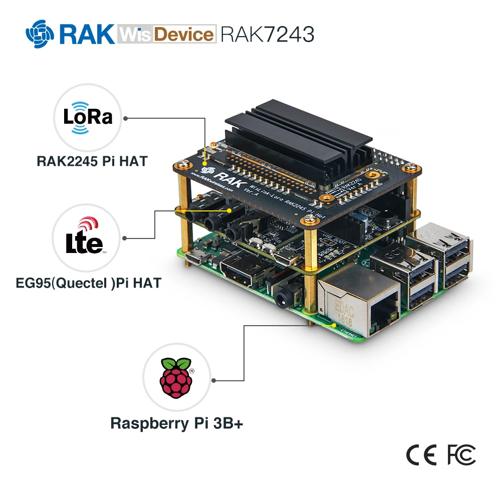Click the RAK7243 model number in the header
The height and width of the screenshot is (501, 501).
[x=268, y=34]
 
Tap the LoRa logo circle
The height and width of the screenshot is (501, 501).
[x=88, y=117]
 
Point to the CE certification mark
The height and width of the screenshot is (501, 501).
[x=421, y=454]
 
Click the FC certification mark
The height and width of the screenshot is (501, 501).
[x=461, y=454]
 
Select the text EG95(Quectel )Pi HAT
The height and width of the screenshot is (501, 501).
[x=88, y=283]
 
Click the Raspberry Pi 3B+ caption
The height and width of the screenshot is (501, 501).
[x=176, y=423]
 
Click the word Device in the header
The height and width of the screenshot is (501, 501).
[x=183, y=34]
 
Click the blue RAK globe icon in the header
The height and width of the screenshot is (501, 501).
[x=40, y=33]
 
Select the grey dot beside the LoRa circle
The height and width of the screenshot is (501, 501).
[x=125, y=119]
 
